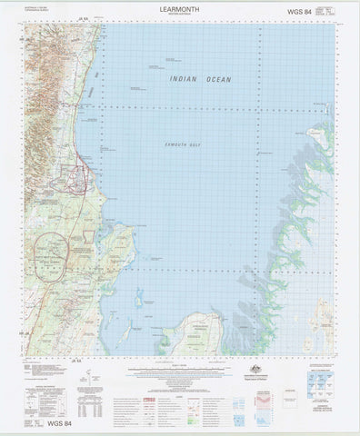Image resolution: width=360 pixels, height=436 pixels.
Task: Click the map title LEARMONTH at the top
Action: pyautogui.click(x=177, y=6)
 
